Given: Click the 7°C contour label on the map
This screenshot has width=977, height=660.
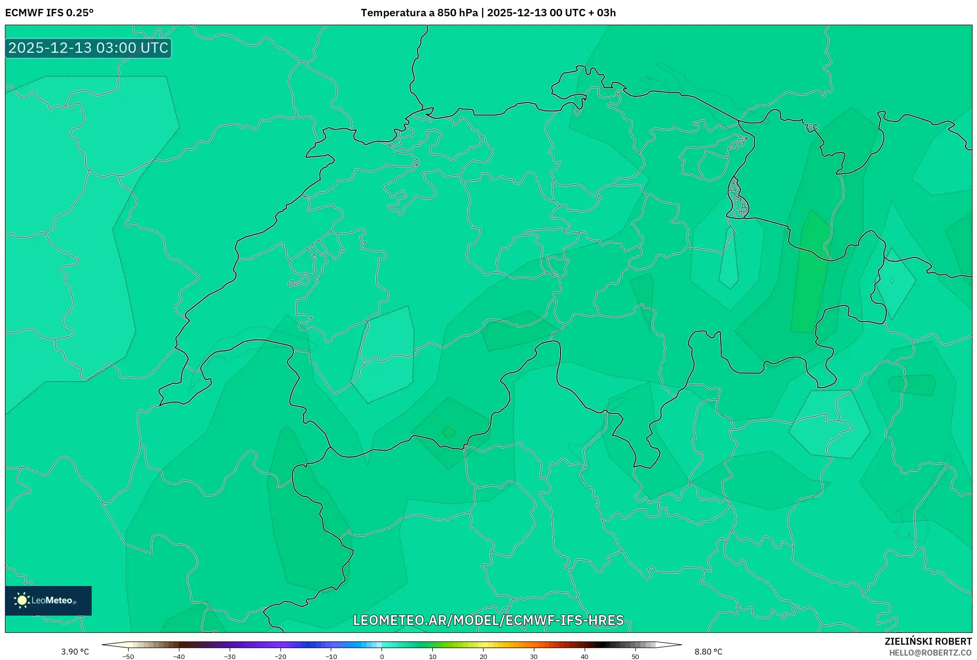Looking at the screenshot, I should click(x=811, y=127).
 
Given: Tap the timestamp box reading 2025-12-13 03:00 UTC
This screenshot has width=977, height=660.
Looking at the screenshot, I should click(x=88, y=48).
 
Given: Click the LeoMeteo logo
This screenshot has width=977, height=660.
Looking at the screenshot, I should click(x=48, y=600).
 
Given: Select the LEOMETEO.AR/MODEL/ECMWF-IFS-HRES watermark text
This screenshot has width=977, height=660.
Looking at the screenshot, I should click(x=488, y=620).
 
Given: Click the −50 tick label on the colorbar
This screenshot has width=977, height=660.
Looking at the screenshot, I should click(x=128, y=657).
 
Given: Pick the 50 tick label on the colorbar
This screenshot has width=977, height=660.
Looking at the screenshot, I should click(x=635, y=657).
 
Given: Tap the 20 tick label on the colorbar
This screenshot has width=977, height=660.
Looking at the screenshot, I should click(x=483, y=657).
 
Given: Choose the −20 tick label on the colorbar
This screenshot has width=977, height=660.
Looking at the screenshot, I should click(x=280, y=657).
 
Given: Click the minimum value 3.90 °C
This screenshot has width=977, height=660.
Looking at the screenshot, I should click(x=75, y=652).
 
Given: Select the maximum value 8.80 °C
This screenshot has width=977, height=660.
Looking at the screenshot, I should click(x=708, y=652).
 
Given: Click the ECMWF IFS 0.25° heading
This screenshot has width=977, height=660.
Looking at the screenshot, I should click(x=49, y=13).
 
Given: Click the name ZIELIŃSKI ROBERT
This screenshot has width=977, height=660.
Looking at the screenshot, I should click(x=928, y=641).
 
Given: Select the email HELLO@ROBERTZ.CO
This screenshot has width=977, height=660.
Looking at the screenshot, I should click(x=930, y=653).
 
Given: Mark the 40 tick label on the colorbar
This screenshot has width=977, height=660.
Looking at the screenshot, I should click(x=584, y=657).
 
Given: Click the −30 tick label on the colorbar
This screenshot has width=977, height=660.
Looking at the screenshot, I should click(x=229, y=657).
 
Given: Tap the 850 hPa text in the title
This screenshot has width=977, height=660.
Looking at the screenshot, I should click(x=457, y=13).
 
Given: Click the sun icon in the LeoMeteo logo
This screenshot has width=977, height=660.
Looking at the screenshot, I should click(x=22, y=600).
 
